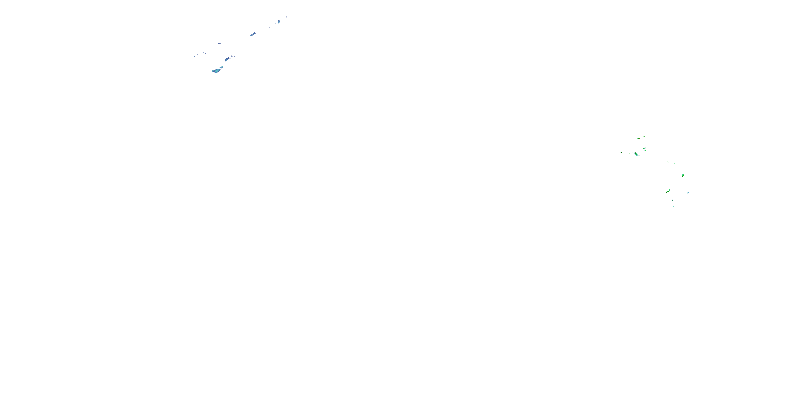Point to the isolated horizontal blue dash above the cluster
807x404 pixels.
[x=219, y=43]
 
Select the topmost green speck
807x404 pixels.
[x=645, y=137]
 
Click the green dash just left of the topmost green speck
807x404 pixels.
[x=638, y=138]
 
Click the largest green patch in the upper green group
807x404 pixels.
[x=636, y=154]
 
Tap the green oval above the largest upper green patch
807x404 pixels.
[x=645, y=149]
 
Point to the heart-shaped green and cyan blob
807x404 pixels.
[x=683, y=175]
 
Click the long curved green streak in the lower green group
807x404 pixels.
[x=668, y=191]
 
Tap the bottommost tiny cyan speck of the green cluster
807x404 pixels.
[x=674, y=206]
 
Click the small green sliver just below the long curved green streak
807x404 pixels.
[x=672, y=200]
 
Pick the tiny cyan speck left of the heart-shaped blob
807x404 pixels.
[x=677, y=176]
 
